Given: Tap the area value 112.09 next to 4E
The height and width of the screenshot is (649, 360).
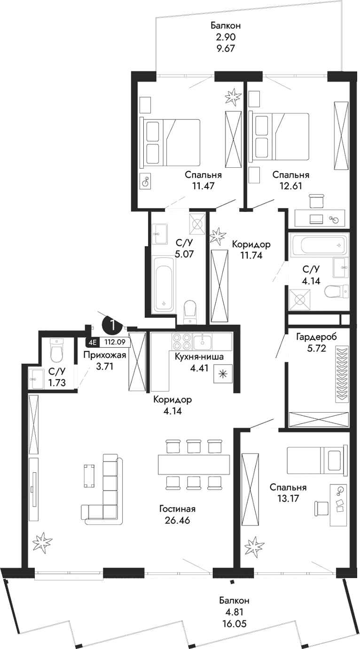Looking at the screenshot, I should [x=114, y=343].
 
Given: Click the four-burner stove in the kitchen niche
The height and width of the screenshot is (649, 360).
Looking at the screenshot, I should [x=181, y=342].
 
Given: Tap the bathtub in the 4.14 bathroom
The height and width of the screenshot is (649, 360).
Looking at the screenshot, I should [x=319, y=245].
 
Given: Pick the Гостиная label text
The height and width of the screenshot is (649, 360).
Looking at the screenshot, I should [x=177, y=509].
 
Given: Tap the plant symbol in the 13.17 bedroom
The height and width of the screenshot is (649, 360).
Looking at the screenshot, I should [x=254, y=547].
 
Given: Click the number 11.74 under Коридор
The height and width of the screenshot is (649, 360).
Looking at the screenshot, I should [x=251, y=256].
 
